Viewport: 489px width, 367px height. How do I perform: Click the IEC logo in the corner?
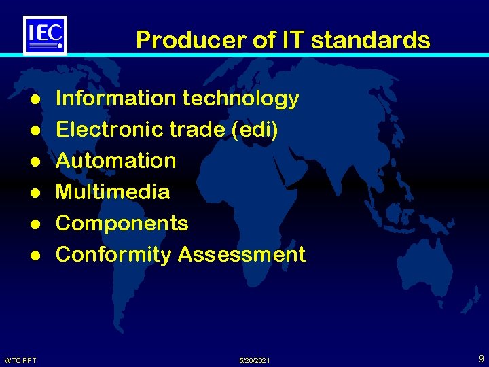click(x=46, y=35)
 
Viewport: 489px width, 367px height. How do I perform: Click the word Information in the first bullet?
click(x=115, y=99)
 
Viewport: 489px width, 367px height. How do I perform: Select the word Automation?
click(x=115, y=161)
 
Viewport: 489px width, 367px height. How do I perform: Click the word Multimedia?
click(x=113, y=192)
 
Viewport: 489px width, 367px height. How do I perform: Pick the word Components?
click(x=122, y=223)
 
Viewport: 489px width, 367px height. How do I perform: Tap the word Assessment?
click(x=242, y=254)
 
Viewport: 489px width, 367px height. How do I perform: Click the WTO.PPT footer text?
click(x=20, y=360)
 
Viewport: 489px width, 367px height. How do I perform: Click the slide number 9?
click(x=480, y=357)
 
